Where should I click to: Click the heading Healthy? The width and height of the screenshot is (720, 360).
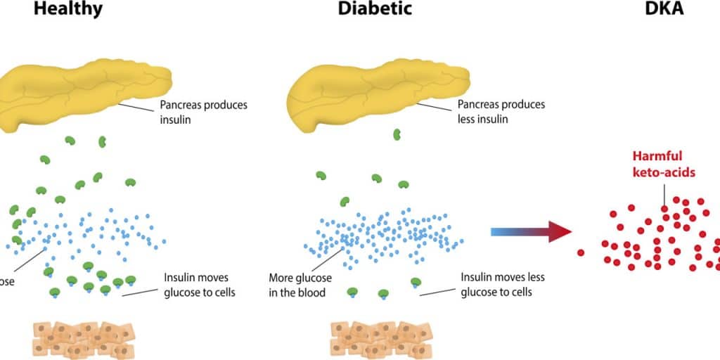tap(68, 10)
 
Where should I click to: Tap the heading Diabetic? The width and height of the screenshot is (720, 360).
tap(375, 10)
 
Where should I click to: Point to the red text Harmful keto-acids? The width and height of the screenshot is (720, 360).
tap(663, 163)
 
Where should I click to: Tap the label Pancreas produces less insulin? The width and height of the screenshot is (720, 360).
tap(501, 112)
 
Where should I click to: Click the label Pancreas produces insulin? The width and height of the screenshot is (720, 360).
tap(204, 112)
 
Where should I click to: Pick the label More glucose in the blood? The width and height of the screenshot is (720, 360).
tap(298, 285)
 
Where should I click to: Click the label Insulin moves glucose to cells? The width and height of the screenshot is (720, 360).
tap(200, 285)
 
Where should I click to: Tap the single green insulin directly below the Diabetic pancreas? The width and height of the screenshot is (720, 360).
tap(397, 134)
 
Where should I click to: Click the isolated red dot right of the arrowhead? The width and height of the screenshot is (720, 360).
tap(581, 252)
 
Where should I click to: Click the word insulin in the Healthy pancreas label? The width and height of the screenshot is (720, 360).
tap(177, 120)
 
